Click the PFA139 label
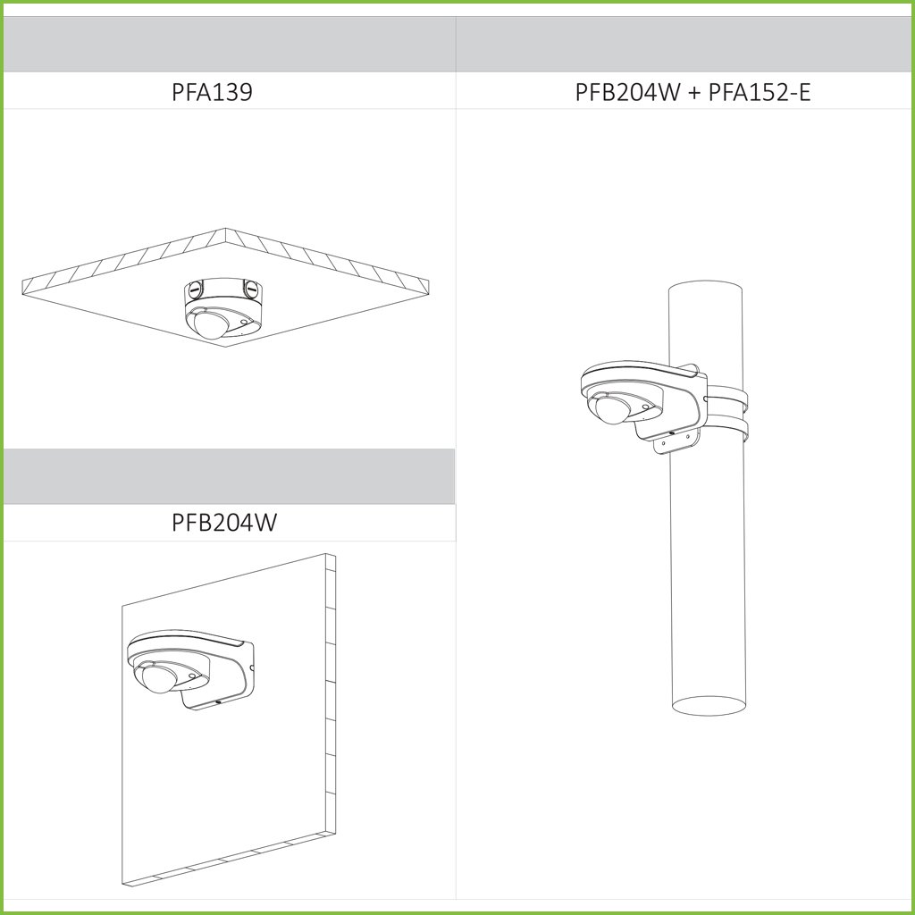point(212,92)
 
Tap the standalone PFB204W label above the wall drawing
point(224,522)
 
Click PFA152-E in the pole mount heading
point(760,92)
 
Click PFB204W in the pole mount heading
point(628,92)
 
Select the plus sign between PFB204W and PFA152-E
point(694,93)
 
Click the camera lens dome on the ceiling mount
point(211,324)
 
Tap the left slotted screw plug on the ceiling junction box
point(194,288)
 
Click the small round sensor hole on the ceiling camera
point(243,322)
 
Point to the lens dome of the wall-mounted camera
point(159,679)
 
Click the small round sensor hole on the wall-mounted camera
point(194,676)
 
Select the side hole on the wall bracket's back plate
point(251,668)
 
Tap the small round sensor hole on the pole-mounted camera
point(645,406)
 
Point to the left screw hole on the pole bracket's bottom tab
point(663,443)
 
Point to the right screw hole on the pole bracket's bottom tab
point(688,436)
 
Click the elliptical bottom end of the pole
point(709,706)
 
